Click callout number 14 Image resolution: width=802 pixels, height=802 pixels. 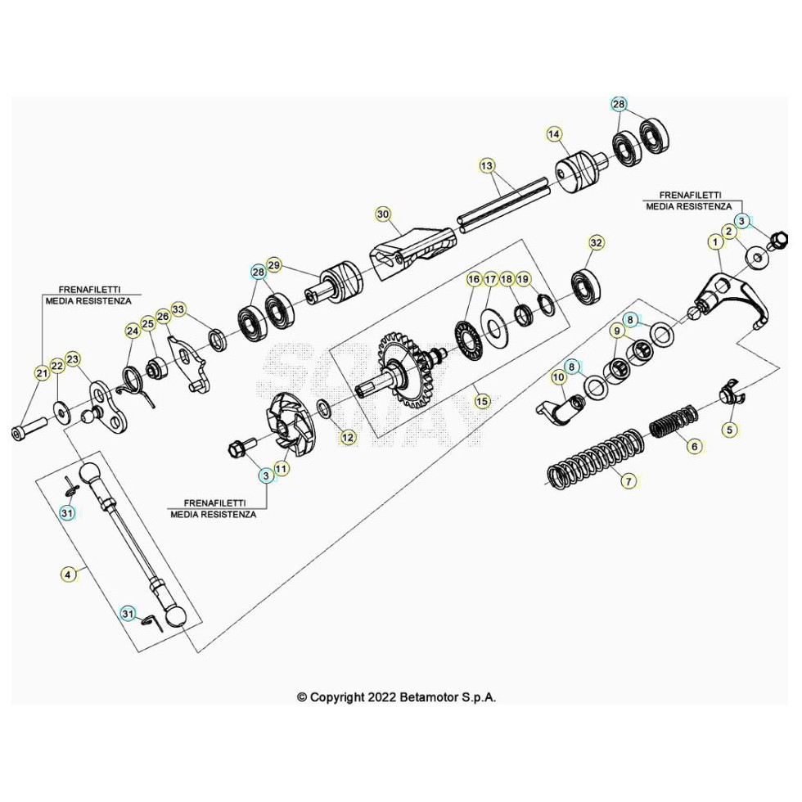click(554, 134)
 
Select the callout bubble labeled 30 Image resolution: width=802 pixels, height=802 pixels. click(383, 214)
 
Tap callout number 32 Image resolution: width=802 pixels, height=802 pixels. click(596, 243)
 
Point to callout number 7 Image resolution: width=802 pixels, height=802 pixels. click(629, 481)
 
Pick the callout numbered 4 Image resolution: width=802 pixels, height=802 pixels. click(69, 574)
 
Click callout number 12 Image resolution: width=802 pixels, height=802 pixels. click(349, 438)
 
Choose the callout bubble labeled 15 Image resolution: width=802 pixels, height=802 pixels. click(481, 401)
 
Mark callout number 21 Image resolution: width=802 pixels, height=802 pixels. click(42, 373)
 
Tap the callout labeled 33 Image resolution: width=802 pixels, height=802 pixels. click(179, 309)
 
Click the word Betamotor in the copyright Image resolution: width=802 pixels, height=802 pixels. click(433, 697)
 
